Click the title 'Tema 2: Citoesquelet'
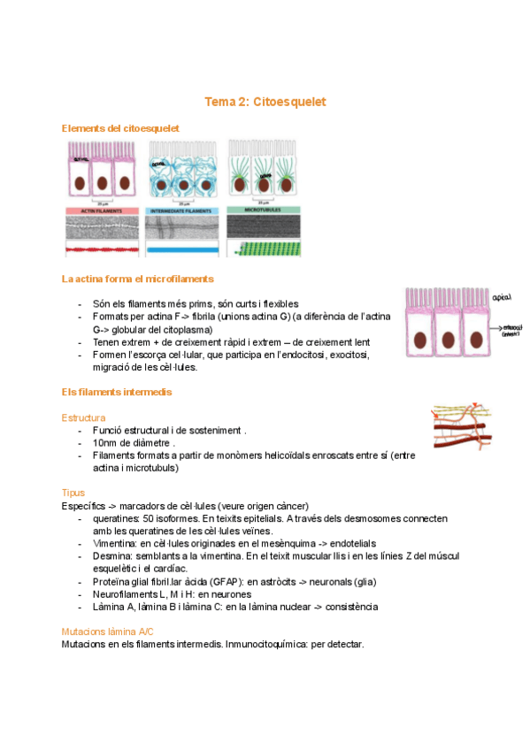tap(265, 103)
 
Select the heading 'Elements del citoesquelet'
tap(120, 128)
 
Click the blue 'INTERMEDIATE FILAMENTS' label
tap(182, 210)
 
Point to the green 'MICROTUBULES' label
tap(264, 210)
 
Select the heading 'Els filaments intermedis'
tap(117, 391)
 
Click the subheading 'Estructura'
tap(84, 417)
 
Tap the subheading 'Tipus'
tap(73, 492)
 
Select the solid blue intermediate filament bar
tap(182, 251)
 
